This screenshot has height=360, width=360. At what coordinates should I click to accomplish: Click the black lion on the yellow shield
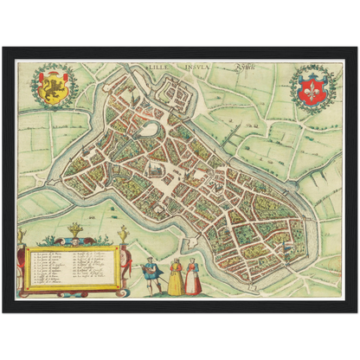pos(52,87)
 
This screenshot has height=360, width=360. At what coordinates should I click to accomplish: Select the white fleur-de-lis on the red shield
pos(312,87)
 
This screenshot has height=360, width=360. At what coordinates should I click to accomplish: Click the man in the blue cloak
pos(154,276)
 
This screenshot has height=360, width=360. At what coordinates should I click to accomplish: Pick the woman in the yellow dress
pos(176,278)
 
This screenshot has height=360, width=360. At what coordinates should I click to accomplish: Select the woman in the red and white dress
pos(195,278)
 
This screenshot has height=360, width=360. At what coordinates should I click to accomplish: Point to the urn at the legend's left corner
pos(21,235)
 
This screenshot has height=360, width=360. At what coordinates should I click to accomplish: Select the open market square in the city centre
pos(164,177)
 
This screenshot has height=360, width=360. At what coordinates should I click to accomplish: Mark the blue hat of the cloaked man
pos(152,261)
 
